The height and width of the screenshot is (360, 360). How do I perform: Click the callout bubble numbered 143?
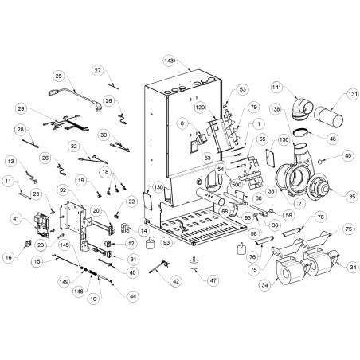point(169,61)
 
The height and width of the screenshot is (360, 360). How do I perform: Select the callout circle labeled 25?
point(58,76)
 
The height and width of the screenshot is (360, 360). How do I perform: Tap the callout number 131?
point(353,95)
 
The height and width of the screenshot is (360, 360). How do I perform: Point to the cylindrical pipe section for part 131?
point(328,117)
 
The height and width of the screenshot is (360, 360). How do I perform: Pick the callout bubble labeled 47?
point(213,280)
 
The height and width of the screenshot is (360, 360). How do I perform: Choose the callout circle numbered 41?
point(15,218)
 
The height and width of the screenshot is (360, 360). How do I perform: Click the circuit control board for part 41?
point(41,225)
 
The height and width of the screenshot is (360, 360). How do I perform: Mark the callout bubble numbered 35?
point(352,196)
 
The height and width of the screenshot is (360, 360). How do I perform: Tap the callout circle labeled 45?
point(348,155)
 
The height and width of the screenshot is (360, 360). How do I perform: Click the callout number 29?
point(22,108)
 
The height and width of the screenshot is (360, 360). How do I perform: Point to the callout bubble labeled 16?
point(9,257)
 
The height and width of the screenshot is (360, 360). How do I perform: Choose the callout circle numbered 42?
point(176,281)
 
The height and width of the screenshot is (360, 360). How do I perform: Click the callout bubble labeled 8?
point(182,123)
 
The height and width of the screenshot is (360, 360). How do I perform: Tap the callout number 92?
point(63,190)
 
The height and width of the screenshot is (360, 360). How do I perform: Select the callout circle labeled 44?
point(133,295)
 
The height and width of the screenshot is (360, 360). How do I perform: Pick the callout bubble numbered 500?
point(237,185)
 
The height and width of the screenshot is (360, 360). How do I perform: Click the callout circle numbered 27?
point(98,71)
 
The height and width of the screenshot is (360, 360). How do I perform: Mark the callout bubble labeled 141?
point(277,87)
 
